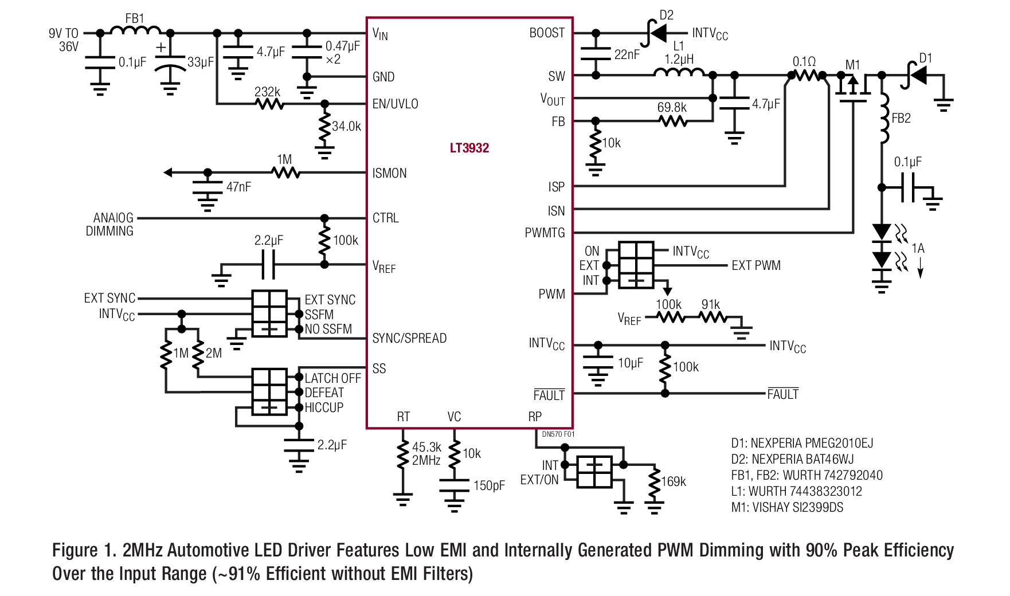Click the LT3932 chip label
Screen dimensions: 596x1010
coord(469,148)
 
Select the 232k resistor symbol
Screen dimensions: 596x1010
coord(269,104)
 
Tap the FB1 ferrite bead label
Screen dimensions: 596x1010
coord(135,18)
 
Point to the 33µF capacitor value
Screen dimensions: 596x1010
coord(201,62)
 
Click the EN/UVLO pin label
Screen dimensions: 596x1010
coord(395,104)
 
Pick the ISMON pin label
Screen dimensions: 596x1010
coord(389,173)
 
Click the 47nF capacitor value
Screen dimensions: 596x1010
coord(238,187)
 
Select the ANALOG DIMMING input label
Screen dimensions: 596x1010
coord(110,225)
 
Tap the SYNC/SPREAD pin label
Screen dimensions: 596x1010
coord(409,338)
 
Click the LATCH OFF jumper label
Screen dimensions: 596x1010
coord(332,378)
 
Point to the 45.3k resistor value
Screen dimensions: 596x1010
coord(426,447)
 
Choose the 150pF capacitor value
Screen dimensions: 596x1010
coord(489,486)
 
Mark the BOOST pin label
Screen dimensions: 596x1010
coord(547,33)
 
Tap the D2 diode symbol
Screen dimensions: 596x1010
coord(655,33)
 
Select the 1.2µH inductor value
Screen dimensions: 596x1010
coord(679,59)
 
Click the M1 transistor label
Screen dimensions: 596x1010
coord(853,64)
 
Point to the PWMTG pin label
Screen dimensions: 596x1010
coord(545,233)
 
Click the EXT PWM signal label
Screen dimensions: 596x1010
coord(756,265)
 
